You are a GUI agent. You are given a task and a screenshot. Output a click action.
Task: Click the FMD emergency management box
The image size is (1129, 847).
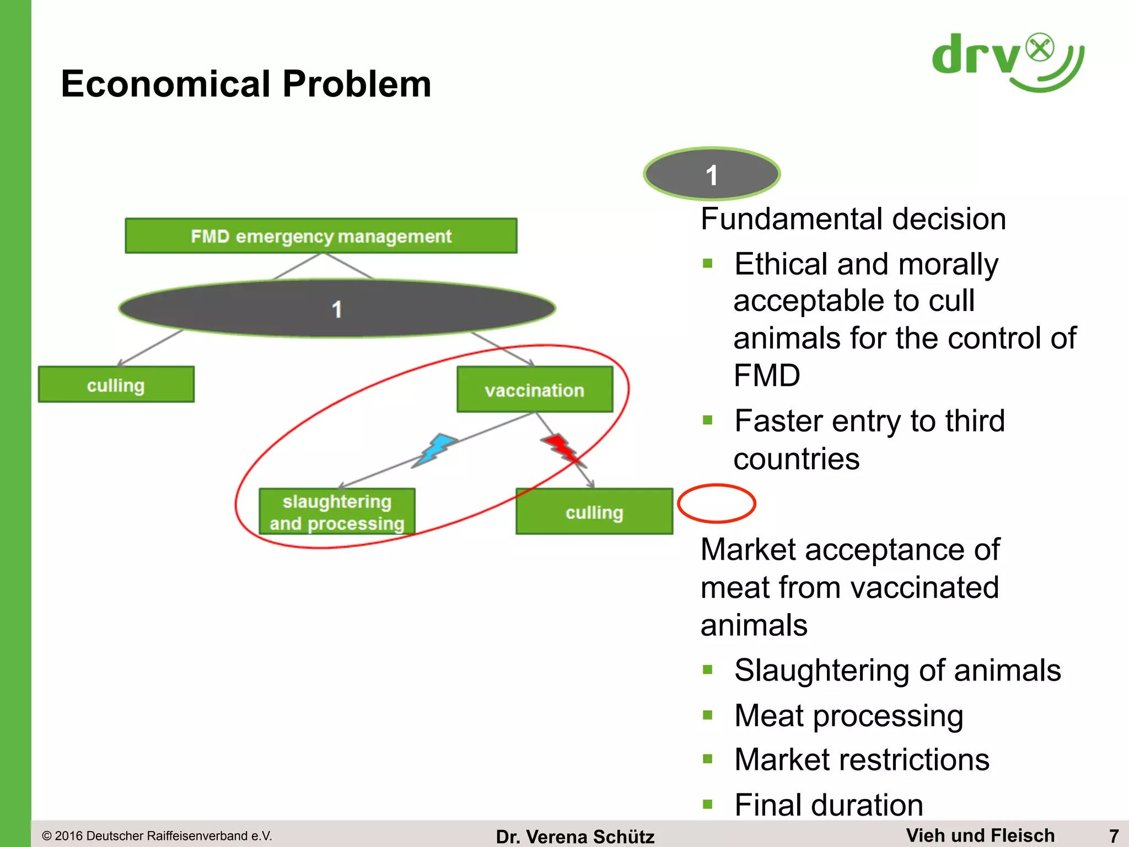point(321,236)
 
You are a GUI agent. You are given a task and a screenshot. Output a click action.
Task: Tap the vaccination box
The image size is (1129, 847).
point(534,390)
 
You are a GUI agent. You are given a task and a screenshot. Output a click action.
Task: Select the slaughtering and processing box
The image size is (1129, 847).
point(337,512)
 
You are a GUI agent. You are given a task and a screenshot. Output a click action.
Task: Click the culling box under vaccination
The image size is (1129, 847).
point(594,512)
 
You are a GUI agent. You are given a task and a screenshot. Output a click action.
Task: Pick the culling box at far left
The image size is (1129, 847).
point(116,385)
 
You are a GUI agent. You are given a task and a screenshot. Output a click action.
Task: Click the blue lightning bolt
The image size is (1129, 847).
point(436,449)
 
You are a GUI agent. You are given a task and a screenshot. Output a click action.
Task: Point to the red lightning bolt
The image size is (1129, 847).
point(561,448)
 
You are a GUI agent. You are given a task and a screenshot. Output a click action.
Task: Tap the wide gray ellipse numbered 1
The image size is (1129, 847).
point(337,308)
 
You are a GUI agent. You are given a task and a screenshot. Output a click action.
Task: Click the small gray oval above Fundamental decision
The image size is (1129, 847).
point(712,174)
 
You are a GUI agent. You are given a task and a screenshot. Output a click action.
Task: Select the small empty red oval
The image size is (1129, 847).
point(716,503)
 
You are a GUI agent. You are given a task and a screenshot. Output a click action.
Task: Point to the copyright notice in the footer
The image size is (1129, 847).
point(157,836)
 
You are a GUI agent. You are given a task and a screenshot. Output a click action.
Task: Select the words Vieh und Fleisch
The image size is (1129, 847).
point(980,835)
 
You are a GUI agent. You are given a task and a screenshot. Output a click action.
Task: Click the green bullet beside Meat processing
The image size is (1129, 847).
point(708,715)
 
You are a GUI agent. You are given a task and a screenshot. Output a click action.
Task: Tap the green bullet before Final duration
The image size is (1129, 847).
point(708,805)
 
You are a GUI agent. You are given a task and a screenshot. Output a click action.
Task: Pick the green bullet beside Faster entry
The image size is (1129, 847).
point(708,421)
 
